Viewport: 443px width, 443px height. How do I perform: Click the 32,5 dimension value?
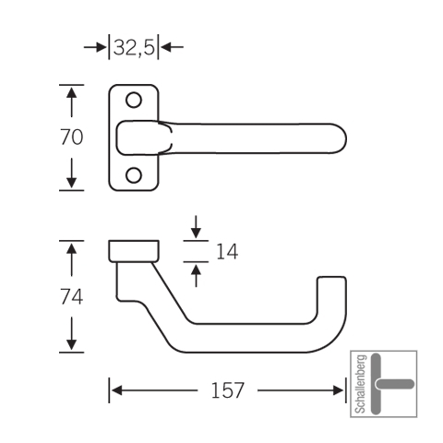tap(134, 48)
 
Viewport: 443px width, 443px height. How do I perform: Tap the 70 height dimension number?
tap(71, 138)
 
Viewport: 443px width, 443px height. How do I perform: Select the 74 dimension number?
tap(71, 297)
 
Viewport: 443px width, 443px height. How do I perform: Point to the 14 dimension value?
tap(227, 252)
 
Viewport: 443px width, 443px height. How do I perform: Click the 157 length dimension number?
tap(227, 390)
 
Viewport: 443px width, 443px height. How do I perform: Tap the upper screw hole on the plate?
tap(134, 100)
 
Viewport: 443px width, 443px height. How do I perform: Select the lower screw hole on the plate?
tap(134, 175)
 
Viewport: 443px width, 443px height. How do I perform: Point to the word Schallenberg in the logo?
tap(361, 384)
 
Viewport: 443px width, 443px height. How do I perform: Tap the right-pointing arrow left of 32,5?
tap(95, 47)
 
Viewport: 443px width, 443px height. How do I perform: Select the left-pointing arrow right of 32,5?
tap(173, 47)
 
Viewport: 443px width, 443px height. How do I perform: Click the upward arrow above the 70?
tap(71, 102)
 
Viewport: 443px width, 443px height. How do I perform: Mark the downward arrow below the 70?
tap(71, 173)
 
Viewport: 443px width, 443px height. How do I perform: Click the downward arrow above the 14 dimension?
tap(196, 227)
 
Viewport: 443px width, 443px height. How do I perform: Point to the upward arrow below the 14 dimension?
tap(196, 276)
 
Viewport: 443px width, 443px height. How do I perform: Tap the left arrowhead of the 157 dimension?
tap(117, 390)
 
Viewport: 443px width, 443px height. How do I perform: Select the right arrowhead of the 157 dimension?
tap(338, 390)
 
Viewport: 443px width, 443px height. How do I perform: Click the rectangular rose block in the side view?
tap(134, 251)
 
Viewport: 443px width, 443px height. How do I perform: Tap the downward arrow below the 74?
tap(71, 334)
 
